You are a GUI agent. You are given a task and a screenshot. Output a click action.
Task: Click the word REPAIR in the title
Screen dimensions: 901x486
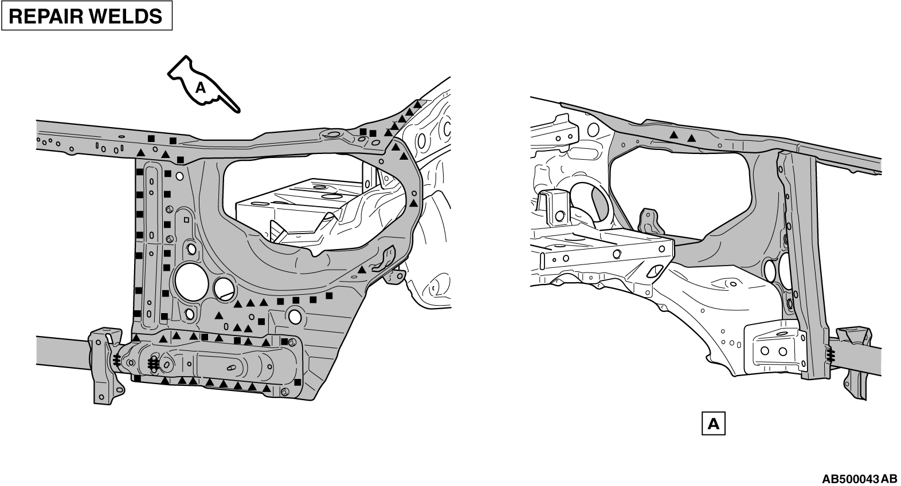[48, 17]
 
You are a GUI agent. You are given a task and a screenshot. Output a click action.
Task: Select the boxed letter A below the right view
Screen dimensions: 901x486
[713, 424]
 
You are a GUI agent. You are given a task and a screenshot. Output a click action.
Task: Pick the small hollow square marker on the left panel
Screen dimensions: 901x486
[186, 220]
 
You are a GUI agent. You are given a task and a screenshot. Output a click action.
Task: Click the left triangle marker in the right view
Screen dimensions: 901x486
[673, 135]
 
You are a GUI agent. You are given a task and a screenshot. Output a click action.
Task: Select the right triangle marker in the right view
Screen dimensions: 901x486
[691, 139]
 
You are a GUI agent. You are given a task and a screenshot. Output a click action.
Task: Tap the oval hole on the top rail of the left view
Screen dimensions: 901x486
[333, 134]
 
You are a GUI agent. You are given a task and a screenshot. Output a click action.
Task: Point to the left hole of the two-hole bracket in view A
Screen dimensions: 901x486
[765, 351]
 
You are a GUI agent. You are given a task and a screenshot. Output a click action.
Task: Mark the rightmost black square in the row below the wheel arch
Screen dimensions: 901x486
[329, 296]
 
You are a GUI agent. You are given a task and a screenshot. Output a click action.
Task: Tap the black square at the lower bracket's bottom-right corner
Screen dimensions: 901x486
[297, 382]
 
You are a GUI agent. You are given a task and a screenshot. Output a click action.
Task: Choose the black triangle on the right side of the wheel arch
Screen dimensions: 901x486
[413, 203]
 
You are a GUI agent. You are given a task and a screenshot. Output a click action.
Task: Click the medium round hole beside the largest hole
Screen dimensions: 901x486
[224, 287]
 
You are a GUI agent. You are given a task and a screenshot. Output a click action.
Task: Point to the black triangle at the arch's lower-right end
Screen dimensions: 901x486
[362, 270]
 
